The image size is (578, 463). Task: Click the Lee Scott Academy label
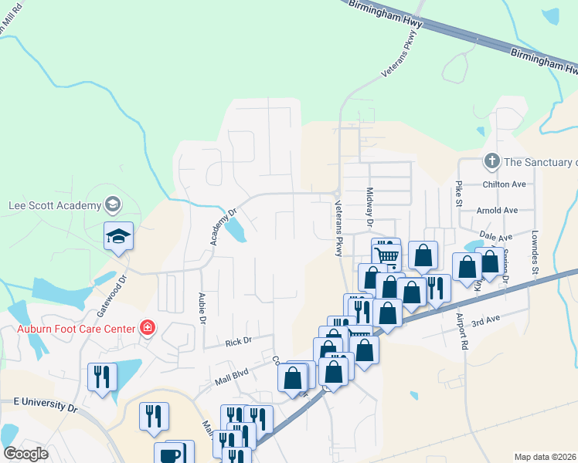[x=54, y=205]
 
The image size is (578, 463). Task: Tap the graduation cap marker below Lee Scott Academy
[x=118, y=235]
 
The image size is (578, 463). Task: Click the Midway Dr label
[x=370, y=210]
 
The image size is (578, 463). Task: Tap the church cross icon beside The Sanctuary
[x=491, y=162]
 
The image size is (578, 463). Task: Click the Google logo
[x=25, y=454]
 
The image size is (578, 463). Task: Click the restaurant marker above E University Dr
[x=102, y=377]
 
